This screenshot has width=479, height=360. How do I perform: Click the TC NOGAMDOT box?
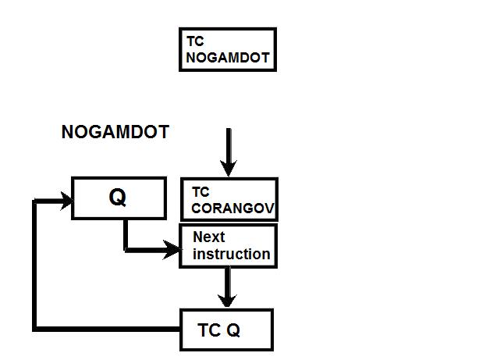227,49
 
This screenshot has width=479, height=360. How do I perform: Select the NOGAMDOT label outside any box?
115,133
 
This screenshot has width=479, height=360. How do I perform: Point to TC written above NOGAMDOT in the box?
195,40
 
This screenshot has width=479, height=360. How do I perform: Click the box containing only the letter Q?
118,198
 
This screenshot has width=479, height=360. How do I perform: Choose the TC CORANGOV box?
228,200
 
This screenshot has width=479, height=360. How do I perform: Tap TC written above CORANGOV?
200,192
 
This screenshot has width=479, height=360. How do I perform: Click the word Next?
208,237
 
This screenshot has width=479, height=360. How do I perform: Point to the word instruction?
231,254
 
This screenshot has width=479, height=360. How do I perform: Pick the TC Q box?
226,330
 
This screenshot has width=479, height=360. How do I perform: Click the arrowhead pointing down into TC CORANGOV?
228,168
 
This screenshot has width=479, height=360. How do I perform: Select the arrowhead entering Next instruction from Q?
173,250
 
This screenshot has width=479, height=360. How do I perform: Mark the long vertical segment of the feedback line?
34,266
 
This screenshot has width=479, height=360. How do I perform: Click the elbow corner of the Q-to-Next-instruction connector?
126,250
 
